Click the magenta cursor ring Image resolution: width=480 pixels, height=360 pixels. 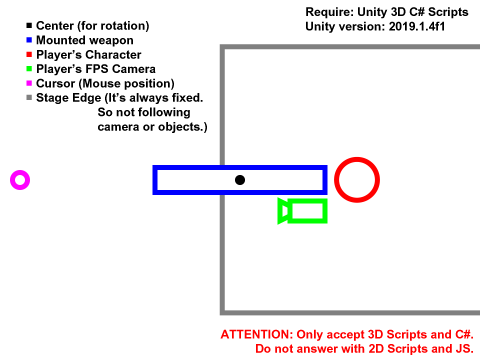click(19, 180)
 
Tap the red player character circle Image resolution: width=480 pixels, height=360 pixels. click(356, 180)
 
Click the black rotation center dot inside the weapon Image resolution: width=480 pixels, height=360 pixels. click(240, 180)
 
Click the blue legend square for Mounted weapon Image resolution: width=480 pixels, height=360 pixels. click(29, 39)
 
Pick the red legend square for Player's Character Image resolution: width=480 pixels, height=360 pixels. click(29, 54)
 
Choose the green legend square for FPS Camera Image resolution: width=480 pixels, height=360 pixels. click(29, 68)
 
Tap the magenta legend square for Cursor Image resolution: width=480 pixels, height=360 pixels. click(29, 83)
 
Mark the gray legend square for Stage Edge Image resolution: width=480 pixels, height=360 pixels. click(29, 98)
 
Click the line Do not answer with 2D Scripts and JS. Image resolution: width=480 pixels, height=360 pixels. click(364, 349)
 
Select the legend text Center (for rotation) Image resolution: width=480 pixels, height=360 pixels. click(93, 25)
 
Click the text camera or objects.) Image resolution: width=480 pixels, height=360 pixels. click(152, 127)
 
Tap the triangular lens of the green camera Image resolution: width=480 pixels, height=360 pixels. click(284, 210)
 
